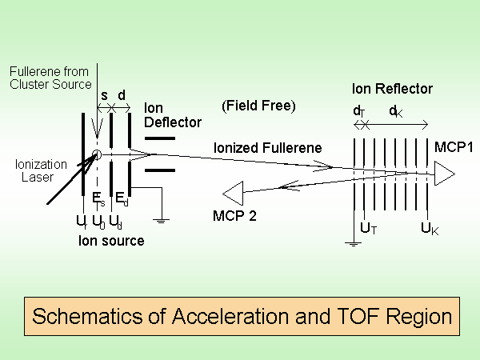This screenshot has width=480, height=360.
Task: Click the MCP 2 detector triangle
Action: pos(234,193)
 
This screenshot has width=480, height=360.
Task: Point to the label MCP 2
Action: pos(234,215)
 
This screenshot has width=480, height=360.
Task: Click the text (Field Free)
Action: pos(258,106)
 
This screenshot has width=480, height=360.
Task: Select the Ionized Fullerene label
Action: pos(267,147)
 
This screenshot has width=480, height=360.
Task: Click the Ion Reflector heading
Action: pos(392,89)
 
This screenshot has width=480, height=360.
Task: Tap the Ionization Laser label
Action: pos(35,171)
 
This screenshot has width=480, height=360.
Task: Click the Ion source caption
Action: pos(111,239)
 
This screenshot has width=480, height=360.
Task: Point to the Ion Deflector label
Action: pos(172,114)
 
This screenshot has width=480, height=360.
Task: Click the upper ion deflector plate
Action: pos(158,138)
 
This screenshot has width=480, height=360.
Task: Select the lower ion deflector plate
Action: pos(158,170)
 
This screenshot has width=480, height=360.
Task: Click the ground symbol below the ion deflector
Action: pos(162,218)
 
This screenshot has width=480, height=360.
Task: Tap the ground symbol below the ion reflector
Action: pos(353,243)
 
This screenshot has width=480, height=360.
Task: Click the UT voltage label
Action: pos(369,229)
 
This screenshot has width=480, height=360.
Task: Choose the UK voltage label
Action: pos(430,229)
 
